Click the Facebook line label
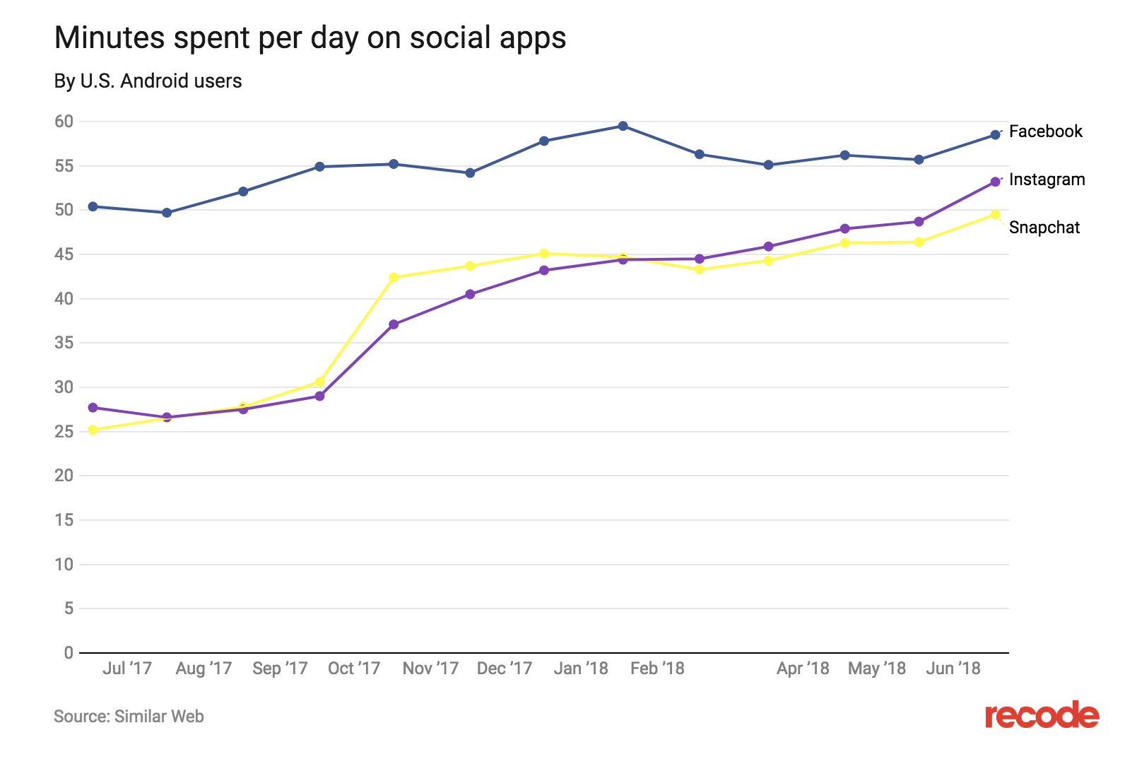pos(1045,131)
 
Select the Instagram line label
pos(1047,180)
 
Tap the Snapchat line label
pos(1044,228)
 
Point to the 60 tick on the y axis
pos(64,122)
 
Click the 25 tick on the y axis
pos(64,431)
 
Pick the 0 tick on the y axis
pos(69,653)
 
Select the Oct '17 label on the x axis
pos(354,669)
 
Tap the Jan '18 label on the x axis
pos(581,669)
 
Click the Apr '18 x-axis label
pos(803,669)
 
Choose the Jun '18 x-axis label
pos(953,669)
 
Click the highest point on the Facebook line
pos(623,126)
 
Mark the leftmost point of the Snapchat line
pos(93,430)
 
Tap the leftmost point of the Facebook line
pos(93,206)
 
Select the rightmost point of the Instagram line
pos(995,182)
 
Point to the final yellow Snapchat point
pos(995,214)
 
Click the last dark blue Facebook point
pos(995,134)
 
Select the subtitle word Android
pos(155,81)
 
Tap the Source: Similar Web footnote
pos(129,717)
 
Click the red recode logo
pos(1042,715)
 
